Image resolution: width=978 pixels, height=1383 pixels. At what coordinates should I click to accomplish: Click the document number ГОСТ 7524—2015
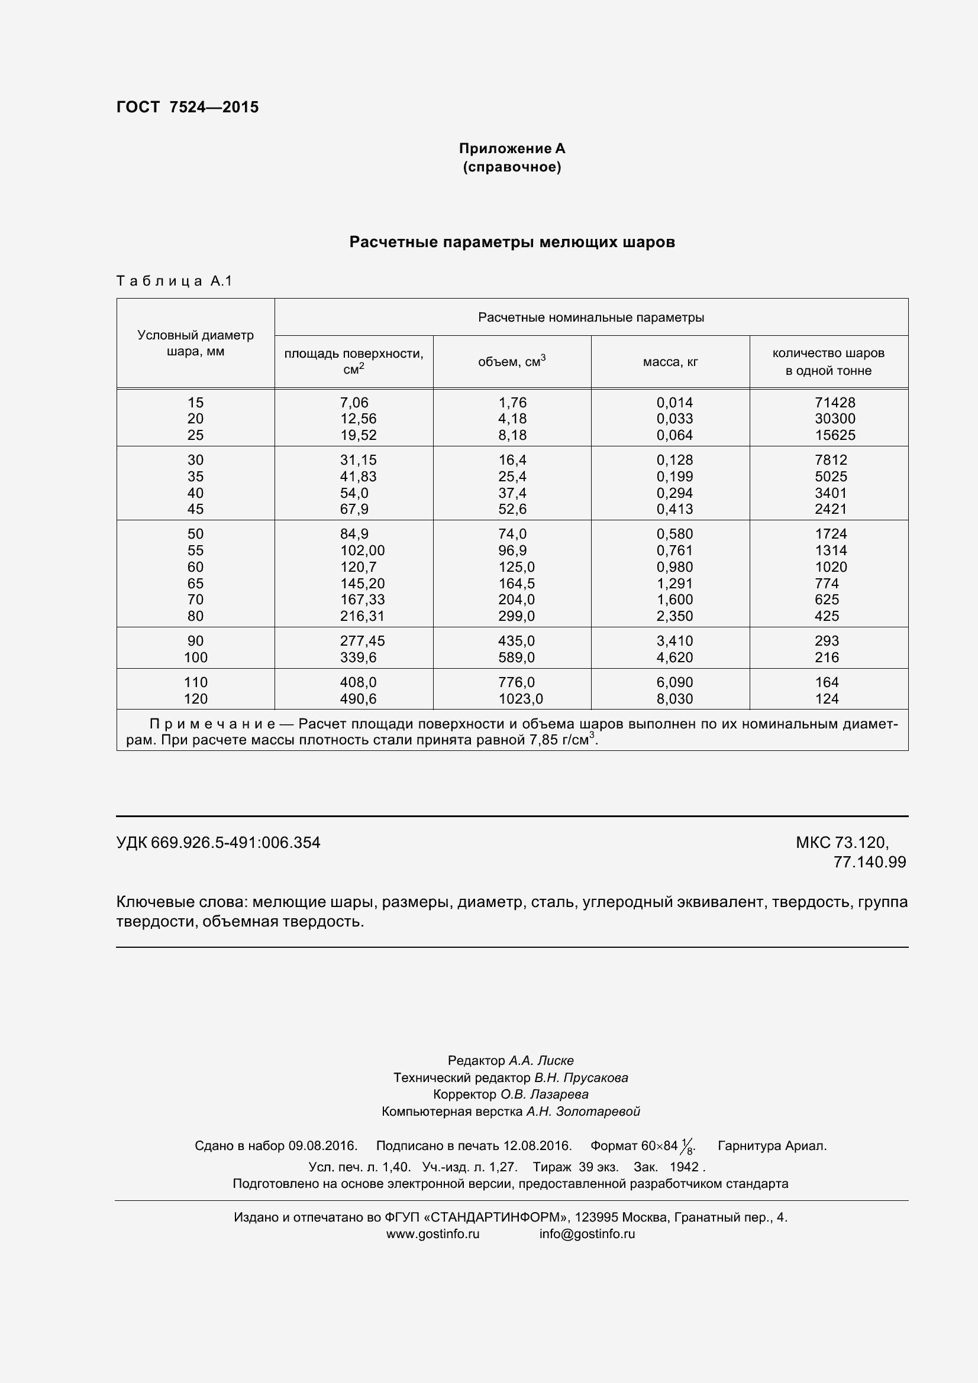(188, 107)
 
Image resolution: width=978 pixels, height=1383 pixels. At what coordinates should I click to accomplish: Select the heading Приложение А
(512, 149)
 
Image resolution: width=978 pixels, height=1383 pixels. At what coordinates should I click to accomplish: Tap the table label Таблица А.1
(174, 281)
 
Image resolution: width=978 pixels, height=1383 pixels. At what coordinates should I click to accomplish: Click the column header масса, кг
(670, 362)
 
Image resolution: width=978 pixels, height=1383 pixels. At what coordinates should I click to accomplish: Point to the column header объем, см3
(512, 361)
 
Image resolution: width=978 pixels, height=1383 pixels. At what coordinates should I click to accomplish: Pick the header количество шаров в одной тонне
(828, 361)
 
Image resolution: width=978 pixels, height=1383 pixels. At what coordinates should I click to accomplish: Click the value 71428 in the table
(835, 403)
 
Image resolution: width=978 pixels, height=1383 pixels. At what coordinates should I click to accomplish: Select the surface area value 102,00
(361, 550)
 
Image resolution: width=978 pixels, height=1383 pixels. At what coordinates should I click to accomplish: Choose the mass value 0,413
(674, 509)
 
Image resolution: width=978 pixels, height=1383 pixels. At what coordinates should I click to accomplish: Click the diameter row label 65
(195, 583)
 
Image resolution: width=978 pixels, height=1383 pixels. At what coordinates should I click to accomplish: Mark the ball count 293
(826, 641)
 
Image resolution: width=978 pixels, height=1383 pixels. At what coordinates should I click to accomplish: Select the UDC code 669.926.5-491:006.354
(235, 843)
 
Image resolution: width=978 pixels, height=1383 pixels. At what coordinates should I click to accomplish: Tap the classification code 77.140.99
(869, 862)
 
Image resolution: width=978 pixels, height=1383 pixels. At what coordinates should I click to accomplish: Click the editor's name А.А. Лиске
(541, 1061)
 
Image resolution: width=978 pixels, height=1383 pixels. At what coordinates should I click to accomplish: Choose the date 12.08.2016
(537, 1146)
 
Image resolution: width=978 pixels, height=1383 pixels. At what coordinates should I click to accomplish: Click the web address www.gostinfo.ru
(432, 1233)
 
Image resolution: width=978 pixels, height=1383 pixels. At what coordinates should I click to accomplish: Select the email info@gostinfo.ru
(587, 1233)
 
